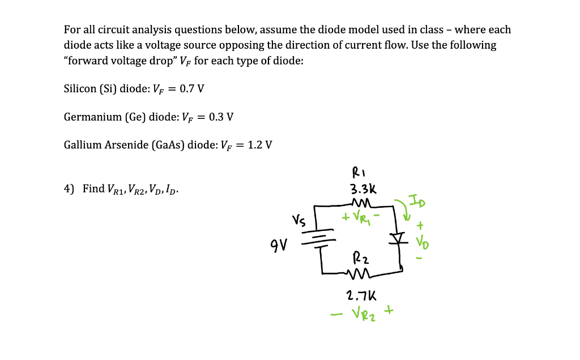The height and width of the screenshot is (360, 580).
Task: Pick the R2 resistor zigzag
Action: point(360,275)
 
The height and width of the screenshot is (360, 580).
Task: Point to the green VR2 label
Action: point(361,312)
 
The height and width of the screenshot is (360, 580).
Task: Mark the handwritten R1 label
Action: point(360,172)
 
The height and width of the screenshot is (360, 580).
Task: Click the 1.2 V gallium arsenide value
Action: point(260,145)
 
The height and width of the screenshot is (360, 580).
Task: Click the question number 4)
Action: point(69,188)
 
